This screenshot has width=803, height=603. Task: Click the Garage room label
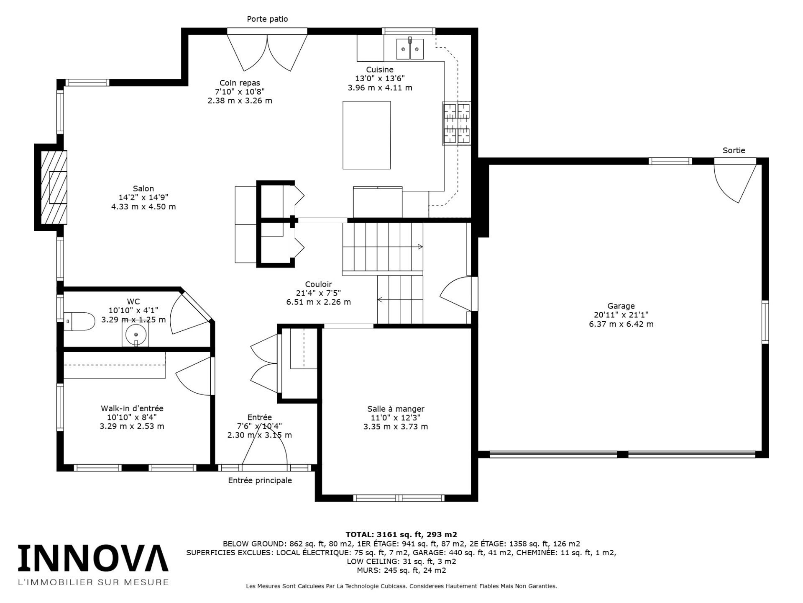click(x=621, y=306)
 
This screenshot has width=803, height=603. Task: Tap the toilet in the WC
click(x=79, y=321)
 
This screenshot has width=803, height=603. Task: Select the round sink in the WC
click(x=136, y=334)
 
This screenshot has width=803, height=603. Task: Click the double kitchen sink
click(x=410, y=49)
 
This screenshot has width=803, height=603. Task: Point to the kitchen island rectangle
click(x=366, y=135)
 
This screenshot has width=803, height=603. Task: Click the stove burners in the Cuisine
click(x=457, y=124)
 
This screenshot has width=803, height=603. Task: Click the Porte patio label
click(x=267, y=19)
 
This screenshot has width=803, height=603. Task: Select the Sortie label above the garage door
click(x=734, y=150)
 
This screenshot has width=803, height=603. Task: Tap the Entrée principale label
click(x=260, y=480)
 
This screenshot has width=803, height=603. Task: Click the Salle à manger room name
click(x=396, y=409)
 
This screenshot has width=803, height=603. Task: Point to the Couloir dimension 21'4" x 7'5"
click(x=318, y=293)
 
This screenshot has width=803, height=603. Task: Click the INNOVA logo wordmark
click(x=93, y=559)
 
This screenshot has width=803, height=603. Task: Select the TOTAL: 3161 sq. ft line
click(x=401, y=534)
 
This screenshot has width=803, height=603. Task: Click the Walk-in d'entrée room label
click(x=132, y=408)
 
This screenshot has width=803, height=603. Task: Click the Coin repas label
click(x=240, y=83)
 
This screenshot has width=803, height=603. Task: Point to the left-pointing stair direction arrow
click(x=380, y=299)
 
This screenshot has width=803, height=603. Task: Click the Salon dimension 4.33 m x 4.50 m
click(x=143, y=206)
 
